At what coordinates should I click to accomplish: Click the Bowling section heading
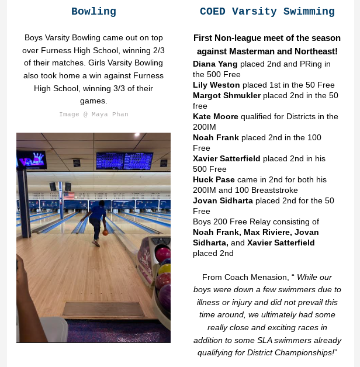click(x=94, y=12)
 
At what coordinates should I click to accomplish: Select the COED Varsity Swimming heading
click(x=267, y=12)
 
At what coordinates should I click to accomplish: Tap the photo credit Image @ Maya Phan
click(x=94, y=115)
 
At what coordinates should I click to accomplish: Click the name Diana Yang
click(x=215, y=64)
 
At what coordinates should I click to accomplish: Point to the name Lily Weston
click(x=216, y=85)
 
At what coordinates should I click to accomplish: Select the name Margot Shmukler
click(x=227, y=96)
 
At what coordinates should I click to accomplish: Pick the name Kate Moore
click(x=216, y=117)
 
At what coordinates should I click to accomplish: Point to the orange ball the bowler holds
click(x=105, y=233)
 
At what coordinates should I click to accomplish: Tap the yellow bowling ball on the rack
click(x=165, y=270)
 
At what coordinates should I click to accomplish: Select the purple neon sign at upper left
click(x=32, y=160)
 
